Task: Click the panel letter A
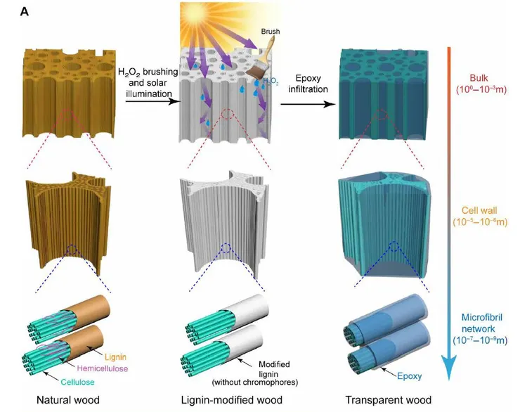(24, 12)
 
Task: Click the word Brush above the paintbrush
(271, 31)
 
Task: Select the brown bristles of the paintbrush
(254, 71)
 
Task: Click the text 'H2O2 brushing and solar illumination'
(148, 82)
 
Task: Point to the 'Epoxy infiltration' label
(308, 84)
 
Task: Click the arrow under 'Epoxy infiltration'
(308, 104)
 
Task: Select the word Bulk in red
(479, 78)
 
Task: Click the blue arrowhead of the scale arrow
(449, 367)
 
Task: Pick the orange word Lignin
(115, 357)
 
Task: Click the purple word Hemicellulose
(102, 368)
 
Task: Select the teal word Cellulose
(77, 382)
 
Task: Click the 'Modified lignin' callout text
(254, 373)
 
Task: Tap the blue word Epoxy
(409, 376)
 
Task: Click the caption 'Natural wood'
(68, 400)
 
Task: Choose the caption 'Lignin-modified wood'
(231, 400)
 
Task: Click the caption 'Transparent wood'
(389, 400)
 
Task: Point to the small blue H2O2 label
(271, 81)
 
